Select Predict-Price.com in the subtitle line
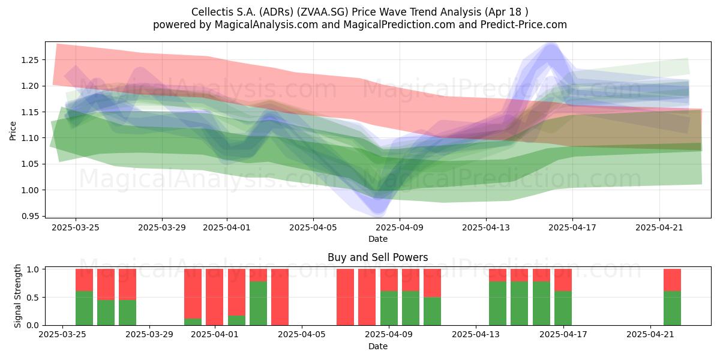click(x=524, y=25)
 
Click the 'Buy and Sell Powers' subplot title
click(x=377, y=257)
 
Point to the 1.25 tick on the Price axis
click(x=29, y=60)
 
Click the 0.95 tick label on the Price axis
click(x=29, y=216)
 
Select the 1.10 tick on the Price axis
click(x=29, y=138)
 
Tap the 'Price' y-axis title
click(x=13, y=131)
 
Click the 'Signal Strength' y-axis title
click(x=17, y=296)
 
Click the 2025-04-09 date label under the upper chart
click(x=400, y=227)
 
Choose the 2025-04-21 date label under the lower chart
click(x=650, y=335)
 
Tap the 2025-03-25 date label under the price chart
click(x=76, y=227)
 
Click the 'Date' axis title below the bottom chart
click(x=377, y=346)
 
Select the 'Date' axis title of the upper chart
click(x=377, y=239)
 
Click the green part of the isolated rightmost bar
click(x=673, y=308)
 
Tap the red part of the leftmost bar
click(x=84, y=280)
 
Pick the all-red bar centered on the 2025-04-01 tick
click(x=214, y=297)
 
